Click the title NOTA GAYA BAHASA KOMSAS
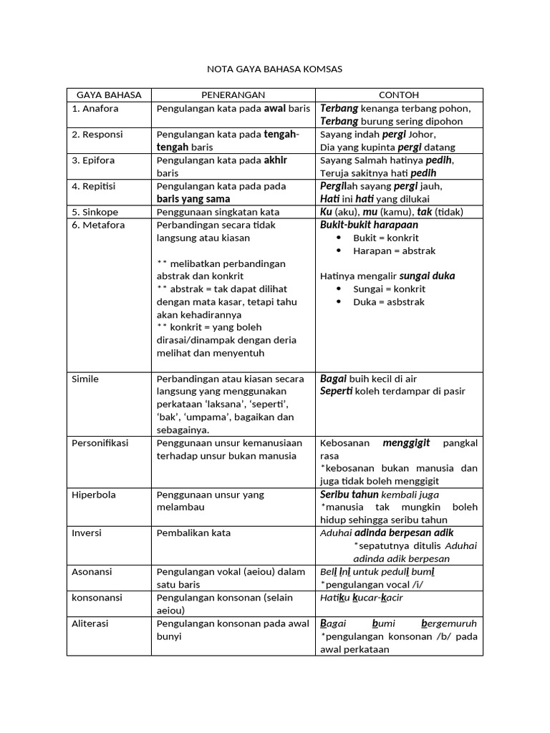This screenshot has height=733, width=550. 274,69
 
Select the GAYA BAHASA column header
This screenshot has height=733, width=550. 109,94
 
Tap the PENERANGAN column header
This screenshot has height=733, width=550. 233,94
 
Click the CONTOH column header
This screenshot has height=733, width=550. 399,94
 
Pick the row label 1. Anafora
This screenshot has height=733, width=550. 95,108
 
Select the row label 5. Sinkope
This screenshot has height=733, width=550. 95,212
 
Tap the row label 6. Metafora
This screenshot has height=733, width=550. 98,225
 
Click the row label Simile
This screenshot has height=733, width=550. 85,379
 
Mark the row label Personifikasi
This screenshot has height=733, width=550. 100,443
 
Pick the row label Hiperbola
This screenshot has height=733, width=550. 94,495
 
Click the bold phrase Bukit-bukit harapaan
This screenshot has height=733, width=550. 368,225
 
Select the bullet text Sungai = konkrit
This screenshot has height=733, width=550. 389,289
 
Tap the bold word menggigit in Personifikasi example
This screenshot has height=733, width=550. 406,443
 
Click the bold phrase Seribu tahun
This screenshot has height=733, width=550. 349,495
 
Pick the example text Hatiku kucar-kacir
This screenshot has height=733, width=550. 361,598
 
